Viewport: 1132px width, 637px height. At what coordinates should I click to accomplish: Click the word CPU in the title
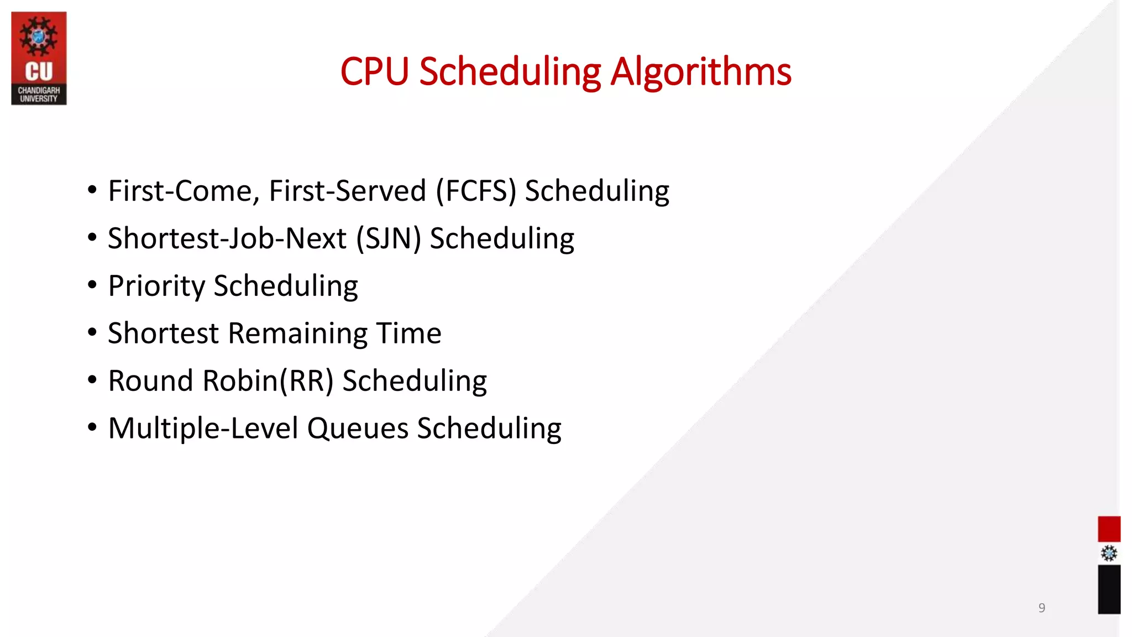374,72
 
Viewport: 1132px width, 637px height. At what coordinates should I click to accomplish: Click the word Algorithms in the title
700,72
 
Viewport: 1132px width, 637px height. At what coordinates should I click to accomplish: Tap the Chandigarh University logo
39,58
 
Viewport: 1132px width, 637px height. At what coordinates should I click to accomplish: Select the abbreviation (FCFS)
476,191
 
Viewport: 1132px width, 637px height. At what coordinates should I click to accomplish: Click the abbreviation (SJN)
389,239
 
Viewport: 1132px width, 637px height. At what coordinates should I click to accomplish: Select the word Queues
358,429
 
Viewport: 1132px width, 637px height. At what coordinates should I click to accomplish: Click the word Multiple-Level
203,429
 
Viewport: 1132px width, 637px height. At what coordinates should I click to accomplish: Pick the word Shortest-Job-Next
227,239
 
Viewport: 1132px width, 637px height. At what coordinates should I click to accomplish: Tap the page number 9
1041,608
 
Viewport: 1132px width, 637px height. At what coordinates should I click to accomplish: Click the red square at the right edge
1109,529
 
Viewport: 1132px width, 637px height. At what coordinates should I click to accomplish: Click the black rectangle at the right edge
1109,589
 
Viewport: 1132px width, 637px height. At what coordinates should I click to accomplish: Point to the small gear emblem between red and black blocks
1109,554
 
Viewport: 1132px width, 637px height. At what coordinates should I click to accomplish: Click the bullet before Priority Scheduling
92,285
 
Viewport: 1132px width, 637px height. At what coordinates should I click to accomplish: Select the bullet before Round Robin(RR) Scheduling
92,380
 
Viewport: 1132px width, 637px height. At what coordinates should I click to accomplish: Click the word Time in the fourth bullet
408,333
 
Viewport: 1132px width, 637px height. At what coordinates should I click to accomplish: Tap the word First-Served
347,191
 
